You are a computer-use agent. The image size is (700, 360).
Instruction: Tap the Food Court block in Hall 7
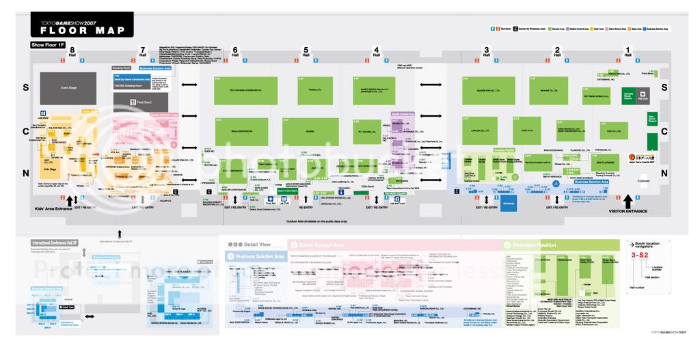click(x=141, y=101)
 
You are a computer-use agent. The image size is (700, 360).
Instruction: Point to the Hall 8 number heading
click(x=72, y=51)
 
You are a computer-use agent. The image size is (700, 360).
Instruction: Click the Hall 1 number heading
click(x=628, y=51)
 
